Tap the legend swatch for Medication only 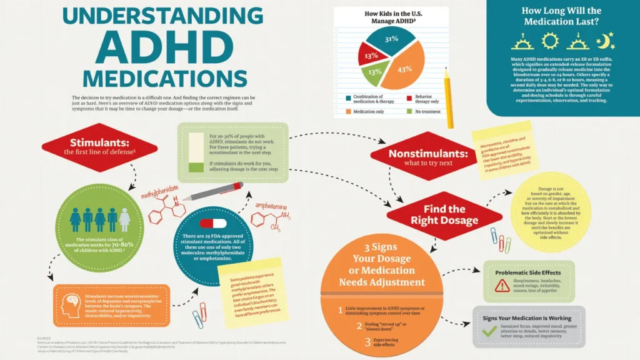coord(347,111)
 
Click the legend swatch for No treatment coord(410,111)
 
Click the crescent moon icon coord(606,41)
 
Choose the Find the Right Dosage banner coord(444,214)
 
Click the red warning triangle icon coord(501,286)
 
